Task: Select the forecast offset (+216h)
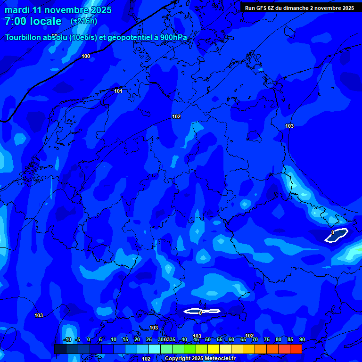click(x=84, y=21)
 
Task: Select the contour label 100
click(x=86, y=57)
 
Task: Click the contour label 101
click(x=118, y=91)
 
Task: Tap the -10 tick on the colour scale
click(x=67, y=339)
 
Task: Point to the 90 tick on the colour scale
click(x=302, y=339)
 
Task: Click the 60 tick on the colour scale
click(x=231, y=339)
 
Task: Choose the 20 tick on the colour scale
click(x=137, y=339)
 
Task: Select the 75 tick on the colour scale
click(x=267, y=339)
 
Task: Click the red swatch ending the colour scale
click(x=296, y=349)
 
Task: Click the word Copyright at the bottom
click(x=178, y=359)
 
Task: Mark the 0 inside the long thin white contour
click(x=201, y=313)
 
